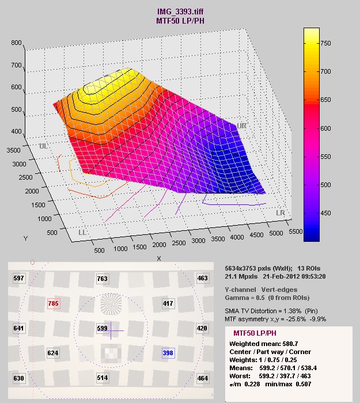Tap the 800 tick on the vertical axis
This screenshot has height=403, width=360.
[16, 43]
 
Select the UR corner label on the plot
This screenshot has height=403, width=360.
[241, 125]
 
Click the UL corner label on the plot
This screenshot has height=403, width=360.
[43, 146]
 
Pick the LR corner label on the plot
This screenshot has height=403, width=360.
[281, 213]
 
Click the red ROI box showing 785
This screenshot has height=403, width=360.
[54, 303]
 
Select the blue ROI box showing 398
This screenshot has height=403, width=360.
[168, 352]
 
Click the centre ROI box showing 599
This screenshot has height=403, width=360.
[103, 328]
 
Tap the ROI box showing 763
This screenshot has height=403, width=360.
[103, 279]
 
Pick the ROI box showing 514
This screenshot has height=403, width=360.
[103, 378]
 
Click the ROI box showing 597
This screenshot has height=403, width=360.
[19, 279]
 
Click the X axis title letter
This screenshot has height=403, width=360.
[159, 258]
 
